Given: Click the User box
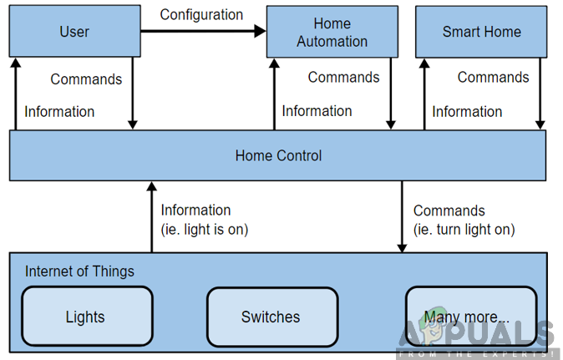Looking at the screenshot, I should [x=74, y=32].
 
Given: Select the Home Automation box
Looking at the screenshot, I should [x=332, y=33].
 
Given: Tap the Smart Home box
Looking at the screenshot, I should [x=481, y=32].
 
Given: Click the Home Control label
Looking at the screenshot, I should [x=278, y=155].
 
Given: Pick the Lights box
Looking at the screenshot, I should [x=85, y=317].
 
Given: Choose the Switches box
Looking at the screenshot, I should [x=271, y=317].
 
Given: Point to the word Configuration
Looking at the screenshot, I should [x=201, y=15].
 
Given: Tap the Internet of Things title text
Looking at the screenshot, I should [x=79, y=271].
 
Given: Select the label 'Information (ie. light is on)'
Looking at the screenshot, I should [x=205, y=220].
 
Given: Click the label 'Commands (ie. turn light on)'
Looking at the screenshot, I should [x=464, y=220].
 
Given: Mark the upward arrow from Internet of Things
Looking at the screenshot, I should [x=151, y=216].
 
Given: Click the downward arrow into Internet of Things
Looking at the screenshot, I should [x=402, y=216].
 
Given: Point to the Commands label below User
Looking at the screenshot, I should [x=86, y=79].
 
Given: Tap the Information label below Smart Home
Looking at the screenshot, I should [x=467, y=111].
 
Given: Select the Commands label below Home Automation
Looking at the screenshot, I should [x=343, y=78].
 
